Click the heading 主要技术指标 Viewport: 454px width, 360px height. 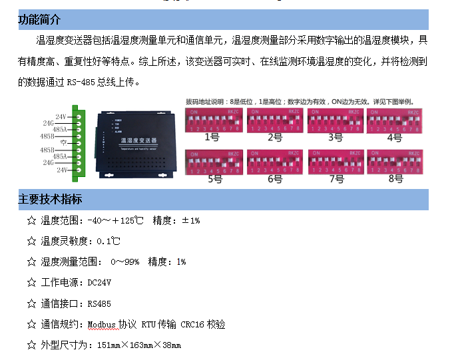(51, 200)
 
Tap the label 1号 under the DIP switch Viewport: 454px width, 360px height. (211, 138)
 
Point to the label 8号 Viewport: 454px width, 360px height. (395, 179)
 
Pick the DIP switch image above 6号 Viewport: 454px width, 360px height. (274, 162)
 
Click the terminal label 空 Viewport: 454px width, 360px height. (61, 142)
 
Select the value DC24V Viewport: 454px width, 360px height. (100, 283)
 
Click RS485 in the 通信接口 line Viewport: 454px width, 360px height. (99, 303)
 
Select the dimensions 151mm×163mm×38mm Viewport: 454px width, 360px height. (139, 345)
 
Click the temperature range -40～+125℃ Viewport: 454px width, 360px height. (116, 220)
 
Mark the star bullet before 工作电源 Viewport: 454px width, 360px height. (31, 283)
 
